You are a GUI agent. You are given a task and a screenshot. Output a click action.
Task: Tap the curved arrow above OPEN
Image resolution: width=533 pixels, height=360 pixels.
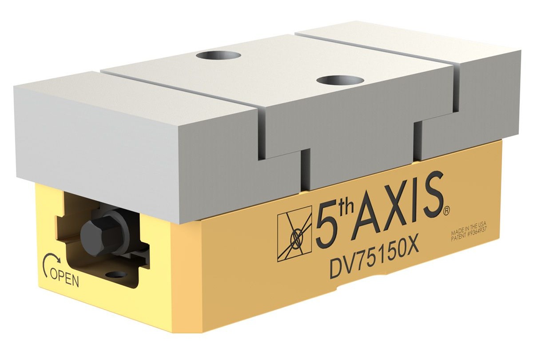point(47,264)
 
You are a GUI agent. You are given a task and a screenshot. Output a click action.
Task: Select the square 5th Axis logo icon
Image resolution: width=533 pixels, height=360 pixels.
point(294,234)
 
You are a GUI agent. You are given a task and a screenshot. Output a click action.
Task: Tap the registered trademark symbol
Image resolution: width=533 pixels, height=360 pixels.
point(446,211)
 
